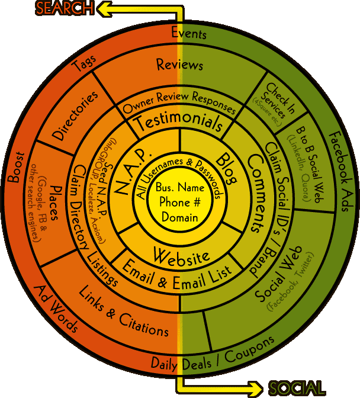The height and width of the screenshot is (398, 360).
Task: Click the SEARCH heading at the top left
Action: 64,8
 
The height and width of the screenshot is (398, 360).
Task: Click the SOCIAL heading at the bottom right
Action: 296,389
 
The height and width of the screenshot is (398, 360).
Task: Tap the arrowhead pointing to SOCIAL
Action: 258,389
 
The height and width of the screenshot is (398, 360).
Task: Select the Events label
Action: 189,33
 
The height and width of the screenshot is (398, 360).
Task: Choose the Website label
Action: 181,255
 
